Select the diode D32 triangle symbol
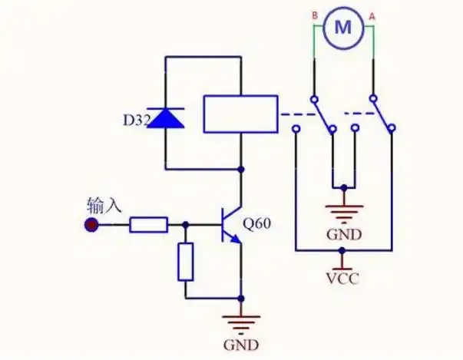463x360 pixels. coord(166,117)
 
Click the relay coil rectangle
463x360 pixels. coord(240,114)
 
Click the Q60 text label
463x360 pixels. coord(257,224)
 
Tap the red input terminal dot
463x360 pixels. coord(91,225)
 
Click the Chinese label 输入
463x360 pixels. coord(104,206)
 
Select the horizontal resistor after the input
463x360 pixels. coord(148,225)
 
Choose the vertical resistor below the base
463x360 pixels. coord(185,262)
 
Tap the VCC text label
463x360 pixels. coord(343,278)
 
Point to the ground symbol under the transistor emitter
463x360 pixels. coord(242,322)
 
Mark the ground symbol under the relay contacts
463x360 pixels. coord(343,210)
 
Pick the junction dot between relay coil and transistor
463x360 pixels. coord(242,169)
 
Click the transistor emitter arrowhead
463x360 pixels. coord(237,239)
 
